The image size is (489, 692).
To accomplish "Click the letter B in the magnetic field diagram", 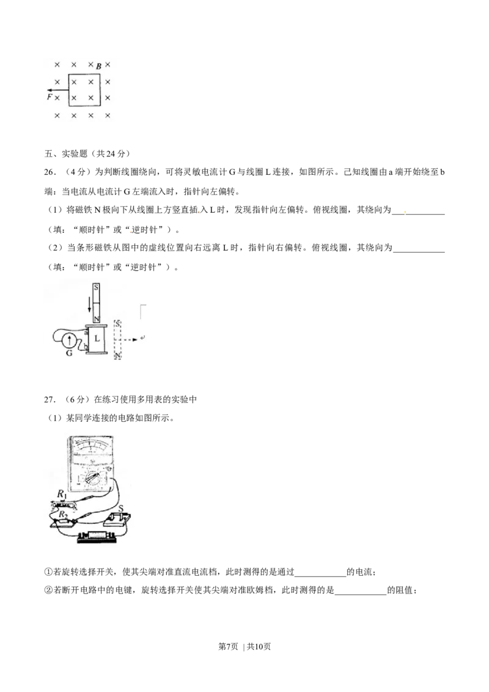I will pyautogui.click(x=98, y=66).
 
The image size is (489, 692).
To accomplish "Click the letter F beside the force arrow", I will pyautogui.click(x=49, y=97).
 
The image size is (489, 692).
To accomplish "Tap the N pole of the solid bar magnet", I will pyautogui.click(x=96, y=318).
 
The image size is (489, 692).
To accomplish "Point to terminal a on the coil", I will pyautogui.click(x=86, y=331).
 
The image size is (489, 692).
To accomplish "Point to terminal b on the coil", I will pyautogui.click(x=86, y=347).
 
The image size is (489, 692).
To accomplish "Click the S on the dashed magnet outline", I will pyautogui.click(x=117, y=324).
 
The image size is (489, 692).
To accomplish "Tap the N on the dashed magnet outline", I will pyautogui.click(x=117, y=355).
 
